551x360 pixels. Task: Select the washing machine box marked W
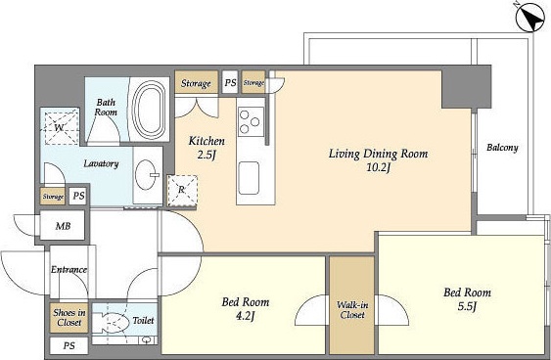click(60, 126)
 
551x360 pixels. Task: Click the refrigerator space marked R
click(182, 191)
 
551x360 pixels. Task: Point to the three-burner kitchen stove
click(251, 121)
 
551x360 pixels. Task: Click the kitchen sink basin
click(249, 178)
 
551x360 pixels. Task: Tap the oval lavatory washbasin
click(146, 174)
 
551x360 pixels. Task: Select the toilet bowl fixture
click(110, 322)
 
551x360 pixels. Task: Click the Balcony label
click(502, 148)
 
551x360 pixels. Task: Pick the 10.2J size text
click(379, 168)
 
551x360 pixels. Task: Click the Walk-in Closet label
click(352, 310)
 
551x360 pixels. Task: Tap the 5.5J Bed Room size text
click(467, 307)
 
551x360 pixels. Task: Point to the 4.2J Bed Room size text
click(246, 316)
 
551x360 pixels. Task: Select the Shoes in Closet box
click(69, 318)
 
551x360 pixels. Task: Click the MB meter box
click(63, 225)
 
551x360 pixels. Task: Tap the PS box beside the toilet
click(69, 346)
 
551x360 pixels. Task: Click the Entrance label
click(69, 270)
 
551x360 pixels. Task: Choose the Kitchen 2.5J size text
click(206, 155)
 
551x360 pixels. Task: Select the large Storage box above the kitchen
click(196, 82)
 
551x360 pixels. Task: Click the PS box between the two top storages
click(231, 82)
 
